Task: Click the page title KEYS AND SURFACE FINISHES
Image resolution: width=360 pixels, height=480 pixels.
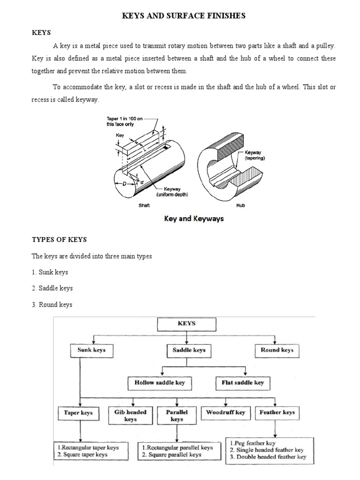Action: pos(184,16)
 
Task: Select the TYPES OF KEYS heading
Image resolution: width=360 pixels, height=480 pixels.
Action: pos(59,240)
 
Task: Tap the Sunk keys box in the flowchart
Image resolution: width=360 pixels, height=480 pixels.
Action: pos(91,350)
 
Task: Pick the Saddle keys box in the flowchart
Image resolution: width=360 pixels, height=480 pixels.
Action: pos(187,350)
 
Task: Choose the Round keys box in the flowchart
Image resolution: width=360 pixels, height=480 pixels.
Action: pos(277,350)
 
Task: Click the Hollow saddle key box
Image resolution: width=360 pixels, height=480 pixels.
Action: pos(160,382)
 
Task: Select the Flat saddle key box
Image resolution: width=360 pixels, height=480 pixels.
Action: pos(242,382)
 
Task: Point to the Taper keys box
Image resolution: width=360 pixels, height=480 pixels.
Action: pos(78,412)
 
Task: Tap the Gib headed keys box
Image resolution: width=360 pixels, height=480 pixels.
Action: pos(130,415)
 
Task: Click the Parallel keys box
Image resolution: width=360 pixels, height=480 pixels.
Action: pos(177,415)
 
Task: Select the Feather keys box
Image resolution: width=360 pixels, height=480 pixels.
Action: pos(277,412)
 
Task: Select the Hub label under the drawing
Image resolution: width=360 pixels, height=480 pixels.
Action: pos(241,205)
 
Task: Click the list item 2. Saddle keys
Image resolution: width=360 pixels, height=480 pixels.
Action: pos(52,288)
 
